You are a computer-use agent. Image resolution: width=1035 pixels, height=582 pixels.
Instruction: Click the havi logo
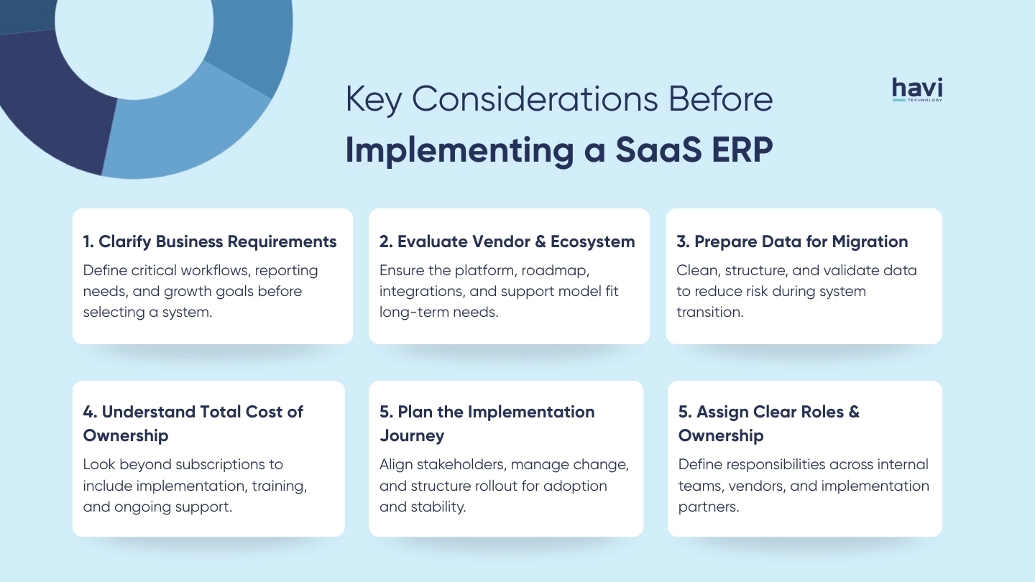(x=917, y=90)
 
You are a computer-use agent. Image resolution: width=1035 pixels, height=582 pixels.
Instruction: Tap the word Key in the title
(x=374, y=99)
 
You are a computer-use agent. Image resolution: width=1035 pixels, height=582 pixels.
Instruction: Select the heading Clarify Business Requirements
(x=210, y=241)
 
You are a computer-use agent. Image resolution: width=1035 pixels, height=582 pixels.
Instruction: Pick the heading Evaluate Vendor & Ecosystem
(x=507, y=241)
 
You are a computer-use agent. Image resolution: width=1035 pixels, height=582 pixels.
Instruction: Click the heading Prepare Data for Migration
(x=792, y=241)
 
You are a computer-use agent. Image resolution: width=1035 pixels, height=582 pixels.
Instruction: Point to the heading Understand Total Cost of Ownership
(x=193, y=423)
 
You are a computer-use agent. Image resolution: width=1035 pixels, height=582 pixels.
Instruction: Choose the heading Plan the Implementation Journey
(x=487, y=423)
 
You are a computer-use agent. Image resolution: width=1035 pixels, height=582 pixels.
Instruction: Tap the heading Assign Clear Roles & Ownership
(x=768, y=423)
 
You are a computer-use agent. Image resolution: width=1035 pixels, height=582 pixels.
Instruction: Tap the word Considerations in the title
(x=536, y=99)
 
